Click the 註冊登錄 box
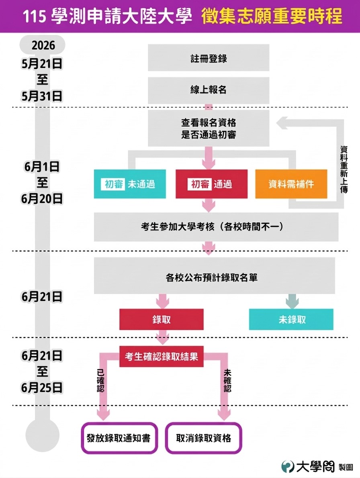click(209, 58)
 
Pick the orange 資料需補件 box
click(291, 184)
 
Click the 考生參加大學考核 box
click(216, 227)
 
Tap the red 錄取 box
click(162, 319)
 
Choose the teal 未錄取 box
click(291, 319)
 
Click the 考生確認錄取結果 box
click(162, 356)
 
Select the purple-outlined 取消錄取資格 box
click(204, 438)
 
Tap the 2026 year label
click(43, 45)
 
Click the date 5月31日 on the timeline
click(43, 96)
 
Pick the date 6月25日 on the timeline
click(43, 388)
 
